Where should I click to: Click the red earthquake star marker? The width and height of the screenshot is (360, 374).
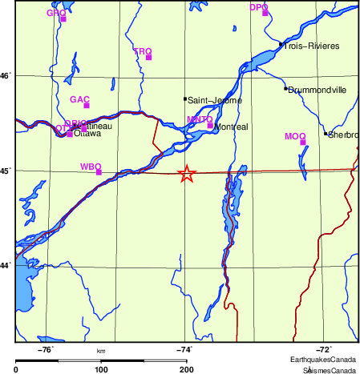[x=186, y=174]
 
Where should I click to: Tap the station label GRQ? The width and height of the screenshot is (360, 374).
[x=55, y=13]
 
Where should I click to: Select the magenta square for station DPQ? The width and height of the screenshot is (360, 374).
[x=265, y=13]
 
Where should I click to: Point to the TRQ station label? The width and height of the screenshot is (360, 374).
[x=141, y=51]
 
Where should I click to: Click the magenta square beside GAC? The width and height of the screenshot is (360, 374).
[x=86, y=106]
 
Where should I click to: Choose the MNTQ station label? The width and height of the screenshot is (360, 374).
[x=198, y=119]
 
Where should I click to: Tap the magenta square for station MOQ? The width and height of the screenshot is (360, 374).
[x=303, y=143]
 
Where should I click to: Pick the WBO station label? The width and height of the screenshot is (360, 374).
[x=90, y=167]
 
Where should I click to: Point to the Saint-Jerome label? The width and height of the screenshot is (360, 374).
[x=209, y=101]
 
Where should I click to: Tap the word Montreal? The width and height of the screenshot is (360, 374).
[x=233, y=127]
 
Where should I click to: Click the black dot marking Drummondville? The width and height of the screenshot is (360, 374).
[x=285, y=88]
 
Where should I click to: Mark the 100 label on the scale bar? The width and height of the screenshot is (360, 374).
[x=101, y=369]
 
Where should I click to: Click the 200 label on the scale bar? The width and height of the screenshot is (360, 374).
[x=186, y=369]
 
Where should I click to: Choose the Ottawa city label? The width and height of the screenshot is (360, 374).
[x=87, y=134]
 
